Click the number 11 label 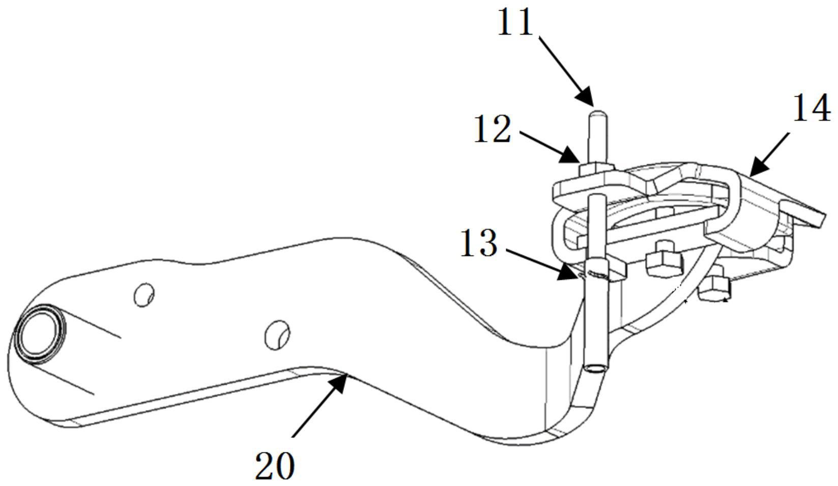tap(515, 22)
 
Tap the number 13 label tap(479, 243)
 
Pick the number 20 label tap(275, 466)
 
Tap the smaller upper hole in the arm tap(144, 295)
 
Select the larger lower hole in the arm tap(277, 335)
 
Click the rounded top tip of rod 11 tap(598, 112)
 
